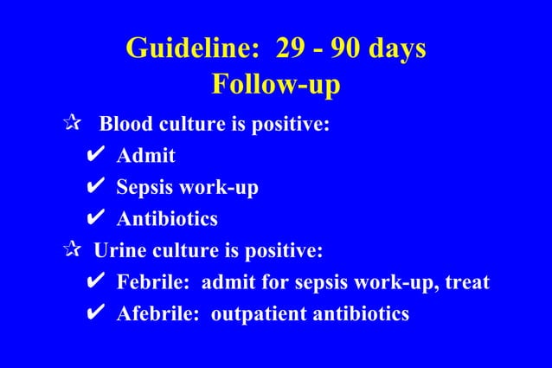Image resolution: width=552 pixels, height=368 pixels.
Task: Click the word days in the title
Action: pos(398,48)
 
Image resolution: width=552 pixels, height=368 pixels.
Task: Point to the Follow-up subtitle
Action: pos(276,86)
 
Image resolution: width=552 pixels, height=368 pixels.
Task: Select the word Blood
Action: pos(126,125)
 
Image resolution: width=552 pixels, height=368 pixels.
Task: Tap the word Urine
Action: pos(119,251)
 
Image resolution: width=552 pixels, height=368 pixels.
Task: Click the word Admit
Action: pos(146,156)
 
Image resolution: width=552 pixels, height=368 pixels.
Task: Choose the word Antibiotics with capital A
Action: pos(167,219)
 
